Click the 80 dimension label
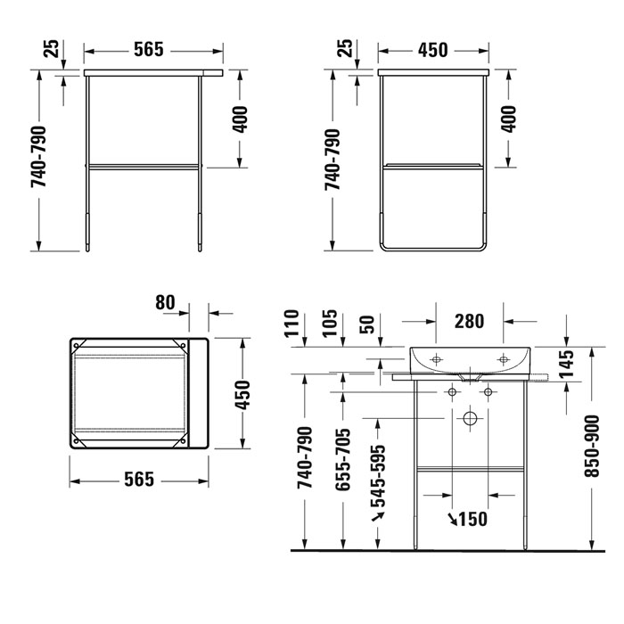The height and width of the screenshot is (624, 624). tap(166, 303)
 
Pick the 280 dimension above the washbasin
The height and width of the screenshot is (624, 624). tap(469, 319)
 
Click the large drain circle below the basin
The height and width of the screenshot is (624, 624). tap(471, 417)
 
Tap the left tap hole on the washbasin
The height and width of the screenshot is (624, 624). tap(437, 359)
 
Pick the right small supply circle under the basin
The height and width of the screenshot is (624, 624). tap(488, 392)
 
